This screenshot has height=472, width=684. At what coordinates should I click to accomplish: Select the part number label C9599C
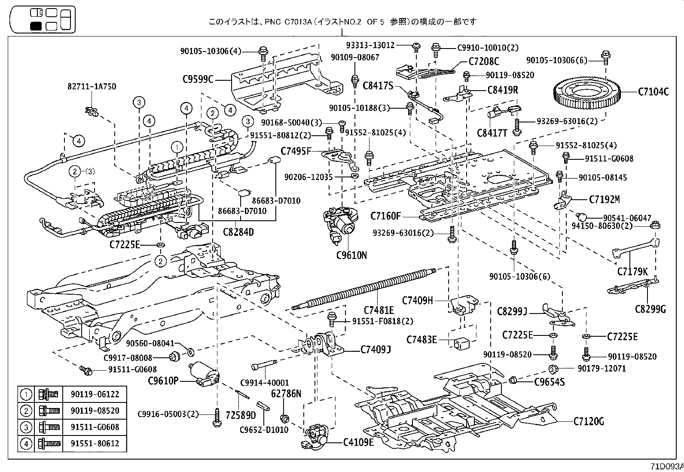[198, 79]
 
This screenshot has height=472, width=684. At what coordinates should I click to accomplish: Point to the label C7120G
[589, 421]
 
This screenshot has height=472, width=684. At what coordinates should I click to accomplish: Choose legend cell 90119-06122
[95, 394]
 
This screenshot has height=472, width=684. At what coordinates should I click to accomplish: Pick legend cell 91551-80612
[95, 443]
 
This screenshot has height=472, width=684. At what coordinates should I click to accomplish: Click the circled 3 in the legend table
[26, 427]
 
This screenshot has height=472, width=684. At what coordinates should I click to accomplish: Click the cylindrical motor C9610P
[204, 372]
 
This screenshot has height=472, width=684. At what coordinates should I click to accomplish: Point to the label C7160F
[385, 216]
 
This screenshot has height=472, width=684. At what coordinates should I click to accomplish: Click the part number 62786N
[286, 393]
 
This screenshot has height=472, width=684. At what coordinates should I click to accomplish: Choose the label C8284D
[238, 232]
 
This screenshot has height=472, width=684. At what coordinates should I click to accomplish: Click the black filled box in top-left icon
[36, 26]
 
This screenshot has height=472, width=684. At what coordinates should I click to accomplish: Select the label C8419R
[503, 90]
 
